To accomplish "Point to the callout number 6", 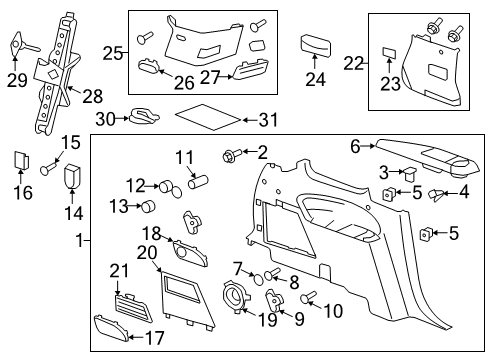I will coord(355,145).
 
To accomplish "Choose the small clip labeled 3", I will coord(409,173).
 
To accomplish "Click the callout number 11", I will coord(185,157).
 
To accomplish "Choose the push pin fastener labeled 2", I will coord(230,155).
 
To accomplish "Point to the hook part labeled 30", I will coord(144,118).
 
